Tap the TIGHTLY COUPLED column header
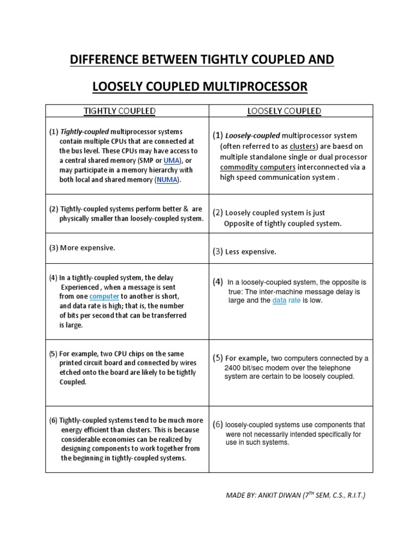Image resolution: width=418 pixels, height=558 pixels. point(119,111)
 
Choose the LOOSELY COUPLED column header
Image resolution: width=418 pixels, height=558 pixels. point(284,111)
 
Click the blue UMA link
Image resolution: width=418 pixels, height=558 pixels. point(172,160)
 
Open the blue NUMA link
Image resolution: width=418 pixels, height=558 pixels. point(167,179)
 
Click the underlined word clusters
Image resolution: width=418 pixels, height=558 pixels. point(303,147)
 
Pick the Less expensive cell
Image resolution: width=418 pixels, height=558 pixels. point(244,252)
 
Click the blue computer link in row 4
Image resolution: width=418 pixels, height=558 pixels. point(104,296)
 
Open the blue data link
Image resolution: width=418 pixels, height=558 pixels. point(279,300)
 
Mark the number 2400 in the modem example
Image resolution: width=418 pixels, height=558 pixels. point(233,367)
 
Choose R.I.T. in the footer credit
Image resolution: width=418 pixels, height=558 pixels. point(354,495)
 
